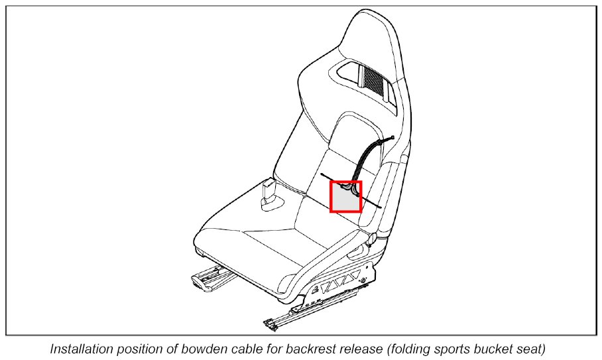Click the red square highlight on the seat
pyautogui.click(x=345, y=196)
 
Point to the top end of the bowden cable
pyautogui.click(x=393, y=138)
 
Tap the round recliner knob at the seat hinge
pyautogui.click(x=373, y=237)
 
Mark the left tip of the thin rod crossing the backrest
pyautogui.click(x=322, y=175)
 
